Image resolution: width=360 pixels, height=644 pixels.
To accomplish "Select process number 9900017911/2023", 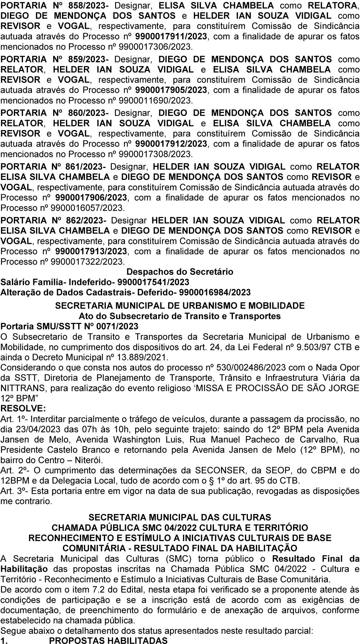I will click(x=171, y=37).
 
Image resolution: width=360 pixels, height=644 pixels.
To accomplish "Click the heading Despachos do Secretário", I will click(x=180, y=272).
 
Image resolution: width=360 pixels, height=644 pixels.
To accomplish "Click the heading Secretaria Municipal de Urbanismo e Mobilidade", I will click(x=180, y=306).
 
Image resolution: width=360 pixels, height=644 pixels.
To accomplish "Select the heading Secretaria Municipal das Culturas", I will click(x=180, y=517).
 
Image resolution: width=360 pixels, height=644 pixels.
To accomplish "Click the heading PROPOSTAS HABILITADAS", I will click(x=108, y=640).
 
